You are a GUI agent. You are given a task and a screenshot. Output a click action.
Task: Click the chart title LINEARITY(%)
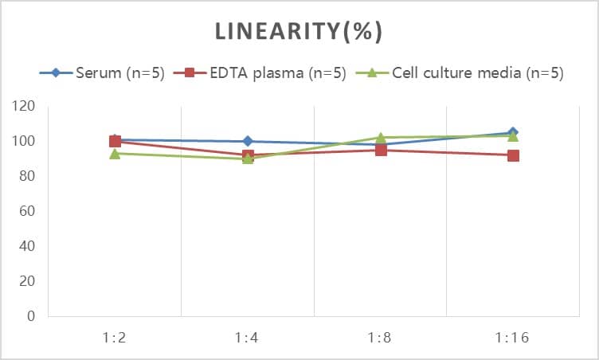pos(299,31)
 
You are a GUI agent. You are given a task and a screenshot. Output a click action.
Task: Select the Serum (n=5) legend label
pos(120,73)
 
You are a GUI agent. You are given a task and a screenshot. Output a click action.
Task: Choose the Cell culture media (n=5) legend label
pos(477,73)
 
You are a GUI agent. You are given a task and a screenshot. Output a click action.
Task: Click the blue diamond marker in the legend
pos(56,73)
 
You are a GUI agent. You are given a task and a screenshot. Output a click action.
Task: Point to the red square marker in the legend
pos(190,73)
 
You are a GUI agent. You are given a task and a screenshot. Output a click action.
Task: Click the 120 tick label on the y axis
pos(24,106)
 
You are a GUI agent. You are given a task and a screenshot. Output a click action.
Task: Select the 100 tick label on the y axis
pos(24,141)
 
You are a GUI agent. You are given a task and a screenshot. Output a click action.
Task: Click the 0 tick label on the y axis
pos(31,316)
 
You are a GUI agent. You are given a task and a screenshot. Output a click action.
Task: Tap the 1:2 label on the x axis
pos(115,338)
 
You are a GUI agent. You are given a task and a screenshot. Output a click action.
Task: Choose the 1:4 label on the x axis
pos(248,338)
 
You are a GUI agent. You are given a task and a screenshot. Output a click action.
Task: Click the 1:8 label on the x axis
pos(381,338)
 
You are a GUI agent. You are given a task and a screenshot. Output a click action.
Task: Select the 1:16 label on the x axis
pos(513,338)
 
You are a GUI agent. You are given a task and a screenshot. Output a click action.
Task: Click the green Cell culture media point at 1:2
pos(115,153)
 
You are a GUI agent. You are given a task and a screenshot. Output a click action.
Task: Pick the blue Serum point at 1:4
pos(248,141)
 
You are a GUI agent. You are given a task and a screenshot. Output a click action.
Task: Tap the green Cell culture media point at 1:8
pos(381,138)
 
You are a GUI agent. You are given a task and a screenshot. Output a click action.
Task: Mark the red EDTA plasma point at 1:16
pos(513,155)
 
